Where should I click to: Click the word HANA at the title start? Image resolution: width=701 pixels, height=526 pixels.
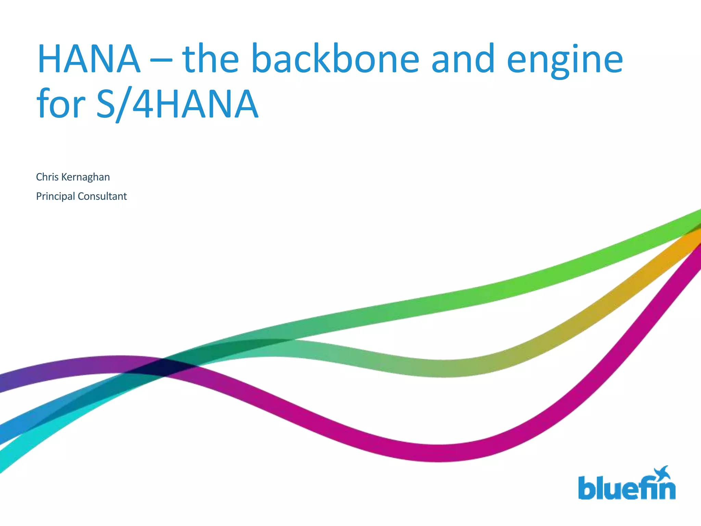(x=89, y=59)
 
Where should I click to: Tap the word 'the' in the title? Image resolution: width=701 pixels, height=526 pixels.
(x=211, y=59)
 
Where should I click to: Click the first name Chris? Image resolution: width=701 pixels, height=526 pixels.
(x=47, y=177)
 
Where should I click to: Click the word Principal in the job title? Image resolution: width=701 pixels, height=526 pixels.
(x=55, y=197)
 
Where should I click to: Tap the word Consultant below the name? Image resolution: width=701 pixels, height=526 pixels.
(x=102, y=196)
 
